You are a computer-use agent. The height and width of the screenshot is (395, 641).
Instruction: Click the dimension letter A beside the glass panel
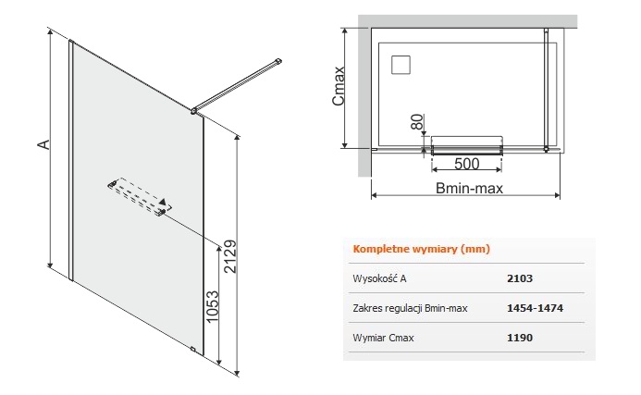[43, 144]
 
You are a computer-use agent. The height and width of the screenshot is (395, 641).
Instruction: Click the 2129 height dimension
[230, 256]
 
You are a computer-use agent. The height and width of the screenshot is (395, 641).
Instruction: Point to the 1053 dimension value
[213, 306]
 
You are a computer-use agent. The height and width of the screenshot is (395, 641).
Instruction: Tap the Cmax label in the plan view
[339, 86]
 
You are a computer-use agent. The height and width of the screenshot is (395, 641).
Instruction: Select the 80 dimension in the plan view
[417, 121]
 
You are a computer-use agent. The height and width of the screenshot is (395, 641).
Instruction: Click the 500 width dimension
[466, 164]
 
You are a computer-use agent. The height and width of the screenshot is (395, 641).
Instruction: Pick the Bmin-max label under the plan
[469, 188]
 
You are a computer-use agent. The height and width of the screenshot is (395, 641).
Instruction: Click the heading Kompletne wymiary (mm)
[421, 249]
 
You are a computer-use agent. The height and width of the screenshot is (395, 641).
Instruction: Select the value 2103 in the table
[520, 278]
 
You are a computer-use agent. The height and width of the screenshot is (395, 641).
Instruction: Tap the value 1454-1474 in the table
[535, 308]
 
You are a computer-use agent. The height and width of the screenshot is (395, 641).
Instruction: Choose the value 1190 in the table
[520, 338]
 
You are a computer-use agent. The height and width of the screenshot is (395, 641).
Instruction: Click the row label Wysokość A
[379, 278]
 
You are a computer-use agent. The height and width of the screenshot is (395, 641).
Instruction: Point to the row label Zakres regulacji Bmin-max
[410, 308]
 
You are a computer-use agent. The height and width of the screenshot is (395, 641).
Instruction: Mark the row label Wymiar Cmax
[383, 338]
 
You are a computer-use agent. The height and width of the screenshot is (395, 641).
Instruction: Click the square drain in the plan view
[401, 65]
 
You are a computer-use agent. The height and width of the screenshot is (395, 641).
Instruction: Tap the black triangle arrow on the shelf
[163, 202]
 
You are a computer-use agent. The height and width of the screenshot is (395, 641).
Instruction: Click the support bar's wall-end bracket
[278, 61]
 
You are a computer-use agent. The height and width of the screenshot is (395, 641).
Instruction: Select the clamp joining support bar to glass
[193, 110]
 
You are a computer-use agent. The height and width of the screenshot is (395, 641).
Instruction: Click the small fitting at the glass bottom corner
[192, 349]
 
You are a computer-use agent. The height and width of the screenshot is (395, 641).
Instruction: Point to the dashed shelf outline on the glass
[140, 195]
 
